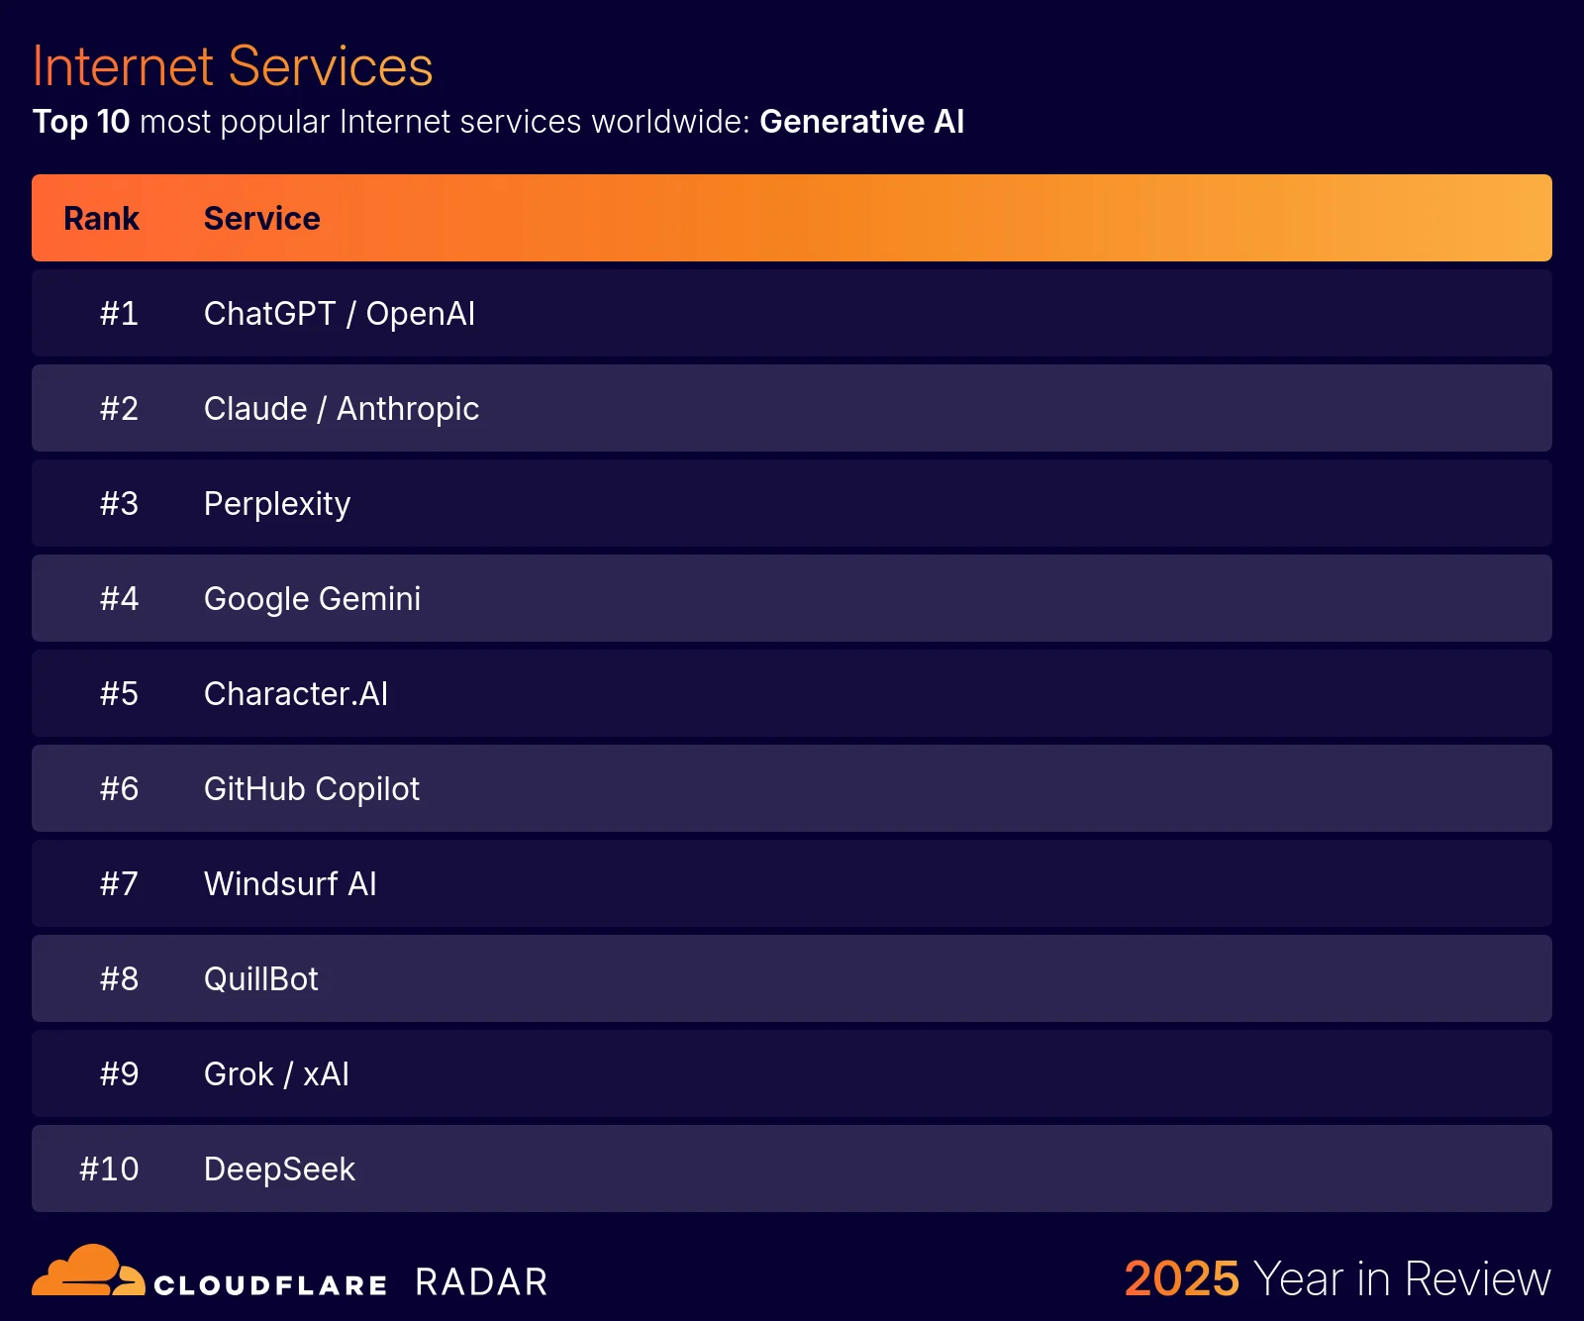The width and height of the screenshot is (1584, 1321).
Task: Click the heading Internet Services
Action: coord(233,66)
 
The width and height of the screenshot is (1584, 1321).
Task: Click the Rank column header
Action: coord(101,219)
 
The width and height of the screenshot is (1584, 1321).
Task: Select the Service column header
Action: coord(261,219)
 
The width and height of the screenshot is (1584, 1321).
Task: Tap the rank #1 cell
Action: coord(119,314)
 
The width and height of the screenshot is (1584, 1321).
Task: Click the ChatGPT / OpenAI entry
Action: coord(339,314)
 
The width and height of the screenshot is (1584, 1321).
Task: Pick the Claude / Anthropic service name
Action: coord(341,409)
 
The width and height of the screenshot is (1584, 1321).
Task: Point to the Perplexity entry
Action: coord(276,504)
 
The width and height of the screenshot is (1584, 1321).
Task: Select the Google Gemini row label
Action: coord(312,599)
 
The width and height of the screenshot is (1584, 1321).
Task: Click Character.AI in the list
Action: coord(295,694)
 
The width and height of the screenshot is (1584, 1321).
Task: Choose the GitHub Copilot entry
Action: coord(311,789)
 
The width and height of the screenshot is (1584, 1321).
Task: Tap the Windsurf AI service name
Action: coord(290,884)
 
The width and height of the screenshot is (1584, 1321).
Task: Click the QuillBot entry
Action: coord(260,979)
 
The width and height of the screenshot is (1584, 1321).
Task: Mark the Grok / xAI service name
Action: coord(276,1074)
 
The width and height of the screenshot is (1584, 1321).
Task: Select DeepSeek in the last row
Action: coord(279,1169)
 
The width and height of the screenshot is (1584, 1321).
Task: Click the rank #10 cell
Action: coord(109,1169)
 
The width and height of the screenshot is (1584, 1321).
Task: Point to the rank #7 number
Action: coord(119,884)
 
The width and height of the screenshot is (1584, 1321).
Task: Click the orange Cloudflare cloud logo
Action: coord(87,1272)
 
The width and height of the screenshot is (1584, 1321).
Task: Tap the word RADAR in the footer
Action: coord(481,1282)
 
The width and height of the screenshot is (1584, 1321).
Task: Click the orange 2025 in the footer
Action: coord(1181,1278)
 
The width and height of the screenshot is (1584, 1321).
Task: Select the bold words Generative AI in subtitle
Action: coord(861,122)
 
